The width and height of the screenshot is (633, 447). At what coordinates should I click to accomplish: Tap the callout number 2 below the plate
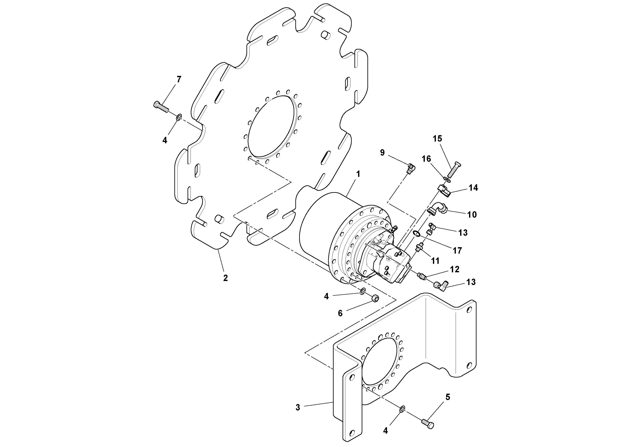click(x=226, y=278)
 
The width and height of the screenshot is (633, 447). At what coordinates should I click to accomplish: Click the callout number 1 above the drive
click(x=358, y=174)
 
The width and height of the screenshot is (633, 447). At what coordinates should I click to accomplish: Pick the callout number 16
click(x=427, y=159)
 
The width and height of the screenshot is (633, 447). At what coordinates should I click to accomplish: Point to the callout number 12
click(x=455, y=269)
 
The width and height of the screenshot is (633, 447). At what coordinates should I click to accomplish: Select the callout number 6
click(x=340, y=313)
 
